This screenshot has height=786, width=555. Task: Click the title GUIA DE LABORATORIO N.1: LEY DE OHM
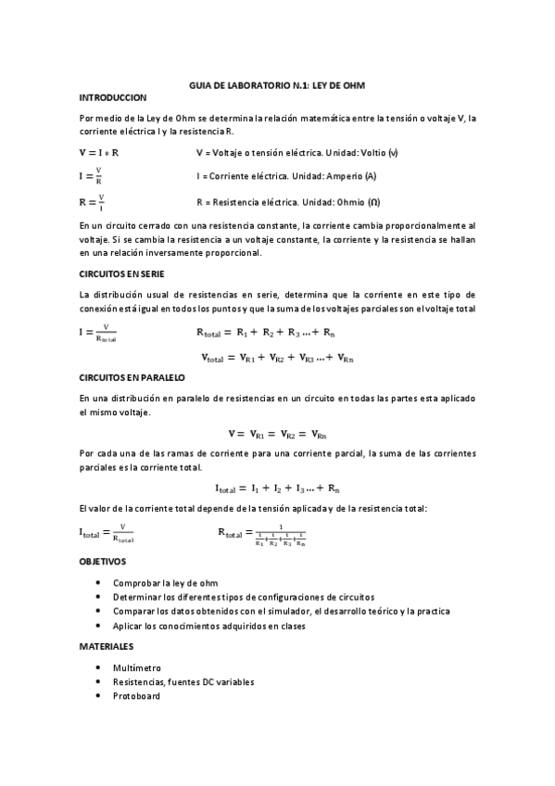pos(276,84)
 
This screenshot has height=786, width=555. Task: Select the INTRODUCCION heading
pos(114,97)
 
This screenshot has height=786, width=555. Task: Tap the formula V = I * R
pos(105,152)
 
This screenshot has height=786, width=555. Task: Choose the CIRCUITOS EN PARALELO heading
pos(132,378)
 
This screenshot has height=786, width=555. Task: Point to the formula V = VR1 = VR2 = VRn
pos(277,433)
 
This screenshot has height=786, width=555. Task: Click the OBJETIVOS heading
pos(104,562)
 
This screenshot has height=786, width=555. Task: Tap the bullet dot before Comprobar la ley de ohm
pos(99,584)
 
